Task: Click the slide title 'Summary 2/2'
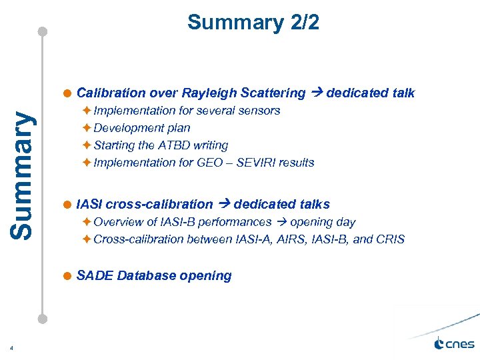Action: click(x=253, y=23)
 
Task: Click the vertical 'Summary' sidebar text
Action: click(x=23, y=175)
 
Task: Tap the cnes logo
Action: click(x=454, y=343)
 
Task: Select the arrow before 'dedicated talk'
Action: click(x=315, y=93)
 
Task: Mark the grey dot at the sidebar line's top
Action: click(x=43, y=31)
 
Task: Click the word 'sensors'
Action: click(x=258, y=111)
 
